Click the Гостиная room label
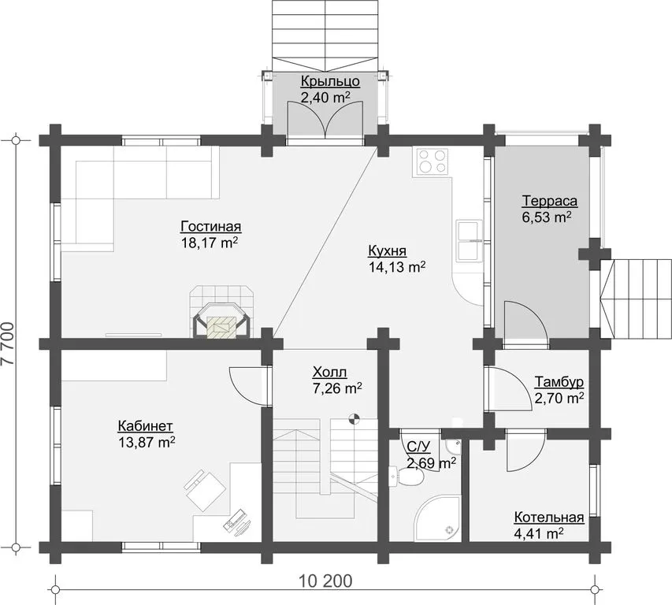211,227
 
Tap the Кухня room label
387,251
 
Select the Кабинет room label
145,426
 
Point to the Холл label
329,372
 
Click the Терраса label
549,201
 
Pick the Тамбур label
559,382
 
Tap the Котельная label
549,518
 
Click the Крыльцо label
330,81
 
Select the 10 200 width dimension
325,581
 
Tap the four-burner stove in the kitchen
431,162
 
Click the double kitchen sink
469,241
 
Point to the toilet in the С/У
407,476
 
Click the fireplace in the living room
221,313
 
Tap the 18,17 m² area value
210,243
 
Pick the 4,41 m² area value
538,534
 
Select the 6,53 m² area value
547,217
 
